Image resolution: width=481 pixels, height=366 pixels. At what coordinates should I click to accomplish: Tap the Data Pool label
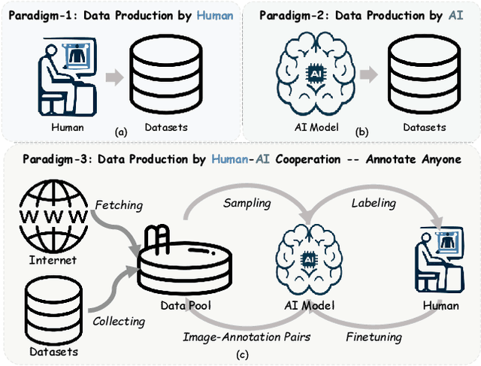185,306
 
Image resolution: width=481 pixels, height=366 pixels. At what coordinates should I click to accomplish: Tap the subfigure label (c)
240,355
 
